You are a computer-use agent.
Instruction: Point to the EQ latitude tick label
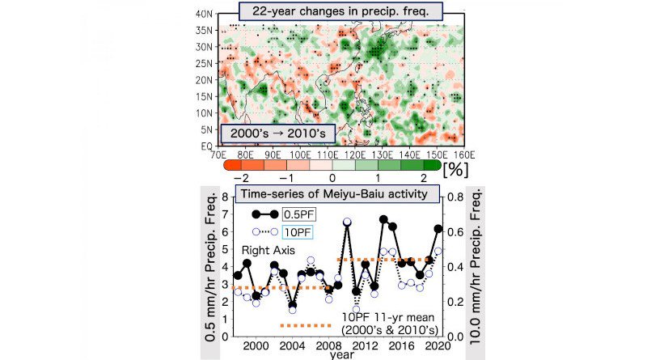click(x=205, y=146)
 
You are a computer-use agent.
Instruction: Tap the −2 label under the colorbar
click(x=237, y=177)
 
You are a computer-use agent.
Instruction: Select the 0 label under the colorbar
click(x=332, y=177)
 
